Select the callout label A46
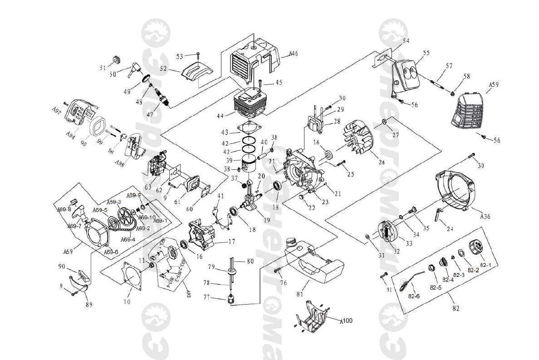point(294,54)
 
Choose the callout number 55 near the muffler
point(426,53)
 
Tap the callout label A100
point(346,321)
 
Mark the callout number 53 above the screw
point(180,56)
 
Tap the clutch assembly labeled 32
point(386,231)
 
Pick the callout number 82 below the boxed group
point(456,308)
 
